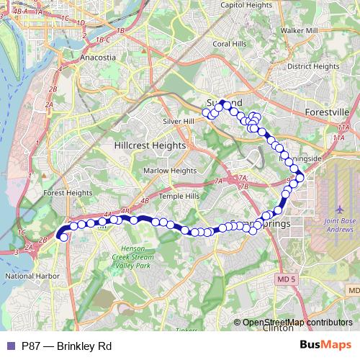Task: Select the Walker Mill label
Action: click(301, 32)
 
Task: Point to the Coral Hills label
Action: click(229, 43)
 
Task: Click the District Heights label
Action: click(313, 66)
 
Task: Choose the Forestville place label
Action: click(327, 113)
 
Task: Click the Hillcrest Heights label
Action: click(150, 145)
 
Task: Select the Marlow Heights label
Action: click(170, 171)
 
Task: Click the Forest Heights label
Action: click(68, 193)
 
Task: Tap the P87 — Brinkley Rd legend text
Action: click(66, 346)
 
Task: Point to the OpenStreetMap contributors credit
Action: click(297, 323)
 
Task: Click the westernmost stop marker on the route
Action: click(63, 237)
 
